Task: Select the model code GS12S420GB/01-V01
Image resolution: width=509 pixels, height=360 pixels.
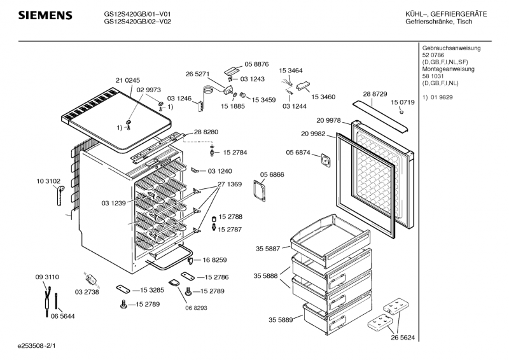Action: [x=137, y=13]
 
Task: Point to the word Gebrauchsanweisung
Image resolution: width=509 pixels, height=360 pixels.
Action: [x=451, y=48]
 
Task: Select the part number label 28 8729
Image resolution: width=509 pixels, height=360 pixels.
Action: [x=375, y=94]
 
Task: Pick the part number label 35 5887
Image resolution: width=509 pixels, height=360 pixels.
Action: [x=268, y=249]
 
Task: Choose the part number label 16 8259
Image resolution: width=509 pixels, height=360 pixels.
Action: [x=216, y=260]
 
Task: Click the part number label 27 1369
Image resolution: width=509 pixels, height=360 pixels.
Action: [x=230, y=184]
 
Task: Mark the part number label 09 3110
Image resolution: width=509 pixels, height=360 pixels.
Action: [x=47, y=277]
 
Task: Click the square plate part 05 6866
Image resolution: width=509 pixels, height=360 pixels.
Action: [x=260, y=190]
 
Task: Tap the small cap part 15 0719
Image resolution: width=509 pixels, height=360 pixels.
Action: [x=402, y=113]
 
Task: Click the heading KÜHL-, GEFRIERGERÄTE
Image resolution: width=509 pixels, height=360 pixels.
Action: [x=455, y=14]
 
